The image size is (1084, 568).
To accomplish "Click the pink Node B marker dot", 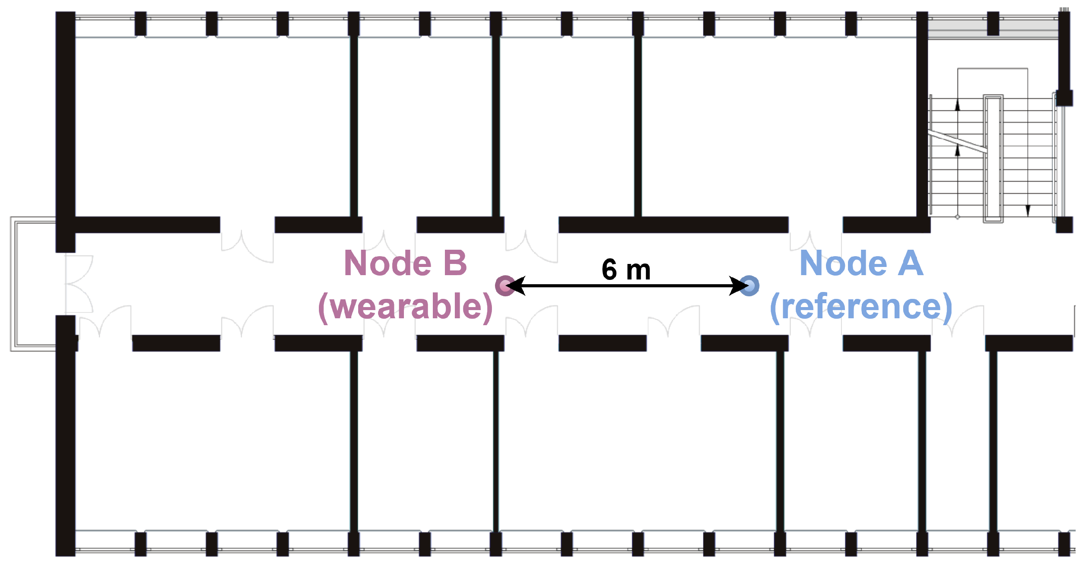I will pyautogui.click(x=504, y=286).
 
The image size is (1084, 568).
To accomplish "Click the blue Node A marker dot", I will pyautogui.click(x=750, y=286).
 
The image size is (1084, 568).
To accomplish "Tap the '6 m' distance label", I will pyautogui.click(x=626, y=270).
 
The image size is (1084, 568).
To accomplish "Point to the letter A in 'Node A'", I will pyautogui.click(x=911, y=263).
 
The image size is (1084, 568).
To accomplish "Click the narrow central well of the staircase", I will pyautogui.click(x=993, y=159).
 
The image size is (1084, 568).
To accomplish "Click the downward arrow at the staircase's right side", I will pyautogui.click(x=1028, y=210).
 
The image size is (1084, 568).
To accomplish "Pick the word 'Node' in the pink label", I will pyautogui.click(x=388, y=263).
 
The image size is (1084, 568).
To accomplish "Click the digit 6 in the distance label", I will pyautogui.click(x=609, y=270).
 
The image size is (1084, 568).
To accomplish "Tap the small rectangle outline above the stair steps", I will pyautogui.click(x=993, y=82).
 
